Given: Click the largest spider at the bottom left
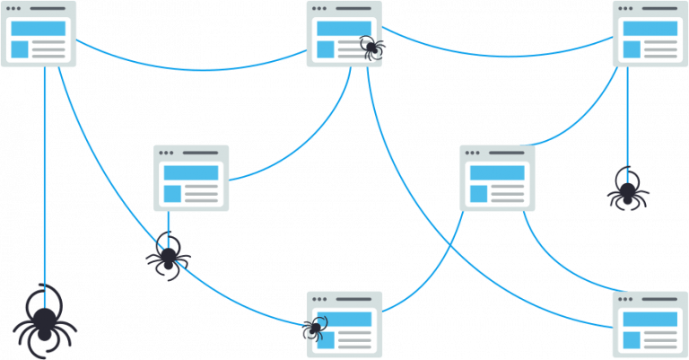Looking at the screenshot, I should coord(44,323).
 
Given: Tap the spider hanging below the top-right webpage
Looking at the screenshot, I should coord(627,190).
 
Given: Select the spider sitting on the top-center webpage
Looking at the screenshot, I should coord(371,46).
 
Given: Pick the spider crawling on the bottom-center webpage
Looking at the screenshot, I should coord(315,329).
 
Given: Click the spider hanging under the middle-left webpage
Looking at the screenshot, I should coord(168,257).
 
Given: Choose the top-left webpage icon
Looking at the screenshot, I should coord(39,33).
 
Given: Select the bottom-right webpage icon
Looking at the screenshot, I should coord(650,324).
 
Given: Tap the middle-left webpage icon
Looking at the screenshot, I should coord(191,178).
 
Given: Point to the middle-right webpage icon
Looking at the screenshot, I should coord(497,178).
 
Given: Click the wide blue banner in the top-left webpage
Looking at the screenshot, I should coord(39,28).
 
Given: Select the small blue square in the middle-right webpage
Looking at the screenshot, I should coord(477,193).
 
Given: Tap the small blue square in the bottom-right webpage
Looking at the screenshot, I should coord(631,339).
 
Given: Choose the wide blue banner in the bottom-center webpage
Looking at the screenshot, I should coord(344,319).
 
